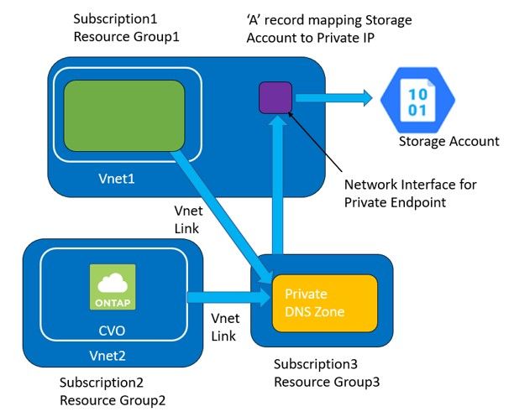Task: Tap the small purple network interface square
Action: click(x=275, y=97)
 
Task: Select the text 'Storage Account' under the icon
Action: click(x=448, y=141)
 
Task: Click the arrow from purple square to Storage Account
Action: click(x=331, y=98)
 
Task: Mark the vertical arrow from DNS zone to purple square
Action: click(x=275, y=185)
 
